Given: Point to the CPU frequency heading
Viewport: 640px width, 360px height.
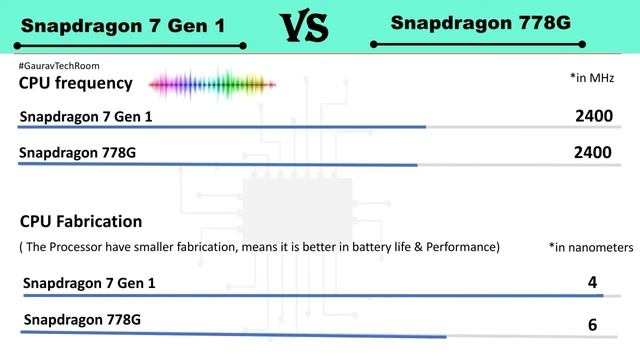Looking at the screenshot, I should pyautogui.click(x=76, y=83).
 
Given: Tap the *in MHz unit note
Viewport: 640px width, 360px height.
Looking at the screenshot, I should pyautogui.click(x=591, y=77).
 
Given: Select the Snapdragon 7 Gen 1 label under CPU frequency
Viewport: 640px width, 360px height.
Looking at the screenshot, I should pyautogui.click(x=86, y=118).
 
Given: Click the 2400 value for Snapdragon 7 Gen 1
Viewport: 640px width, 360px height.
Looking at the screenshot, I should pyautogui.click(x=593, y=117).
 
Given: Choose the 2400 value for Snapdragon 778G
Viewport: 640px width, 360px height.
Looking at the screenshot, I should pyautogui.click(x=593, y=153).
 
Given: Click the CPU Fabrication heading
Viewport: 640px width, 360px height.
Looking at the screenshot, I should pyautogui.click(x=81, y=221).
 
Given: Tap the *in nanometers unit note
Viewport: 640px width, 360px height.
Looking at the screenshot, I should pyautogui.click(x=591, y=246).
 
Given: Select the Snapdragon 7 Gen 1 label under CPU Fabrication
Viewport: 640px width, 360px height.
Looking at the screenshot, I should pyautogui.click(x=89, y=284).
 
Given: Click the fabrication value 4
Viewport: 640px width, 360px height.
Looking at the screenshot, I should pyautogui.click(x=592, y=283).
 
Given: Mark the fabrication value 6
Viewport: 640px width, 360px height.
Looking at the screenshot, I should pyautogui.click(x=592, y=325).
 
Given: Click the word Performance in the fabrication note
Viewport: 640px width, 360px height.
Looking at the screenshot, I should pyautogui.click(x=464, y=246).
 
